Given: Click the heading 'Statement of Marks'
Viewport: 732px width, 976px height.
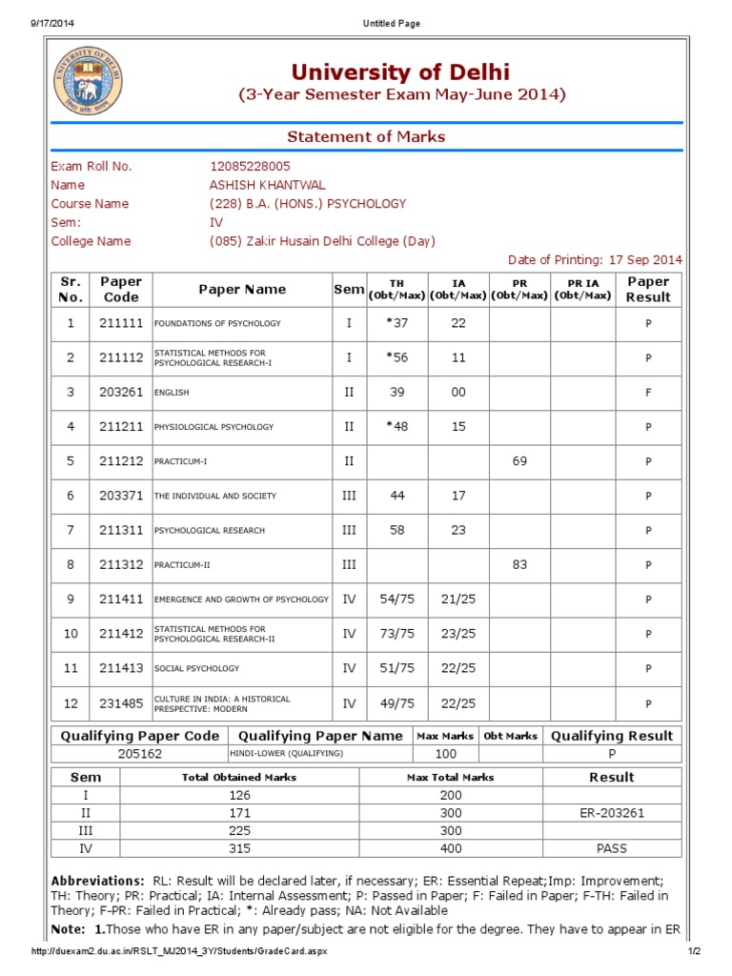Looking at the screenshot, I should pos(367,136).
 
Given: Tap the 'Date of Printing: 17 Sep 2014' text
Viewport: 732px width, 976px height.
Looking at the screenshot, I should pos(595,259).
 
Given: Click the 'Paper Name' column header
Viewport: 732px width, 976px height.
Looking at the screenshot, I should pos(242,289).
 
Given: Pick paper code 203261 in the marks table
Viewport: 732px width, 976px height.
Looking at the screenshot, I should pos(121,392).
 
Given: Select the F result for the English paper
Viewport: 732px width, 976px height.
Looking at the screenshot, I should pos(647,392).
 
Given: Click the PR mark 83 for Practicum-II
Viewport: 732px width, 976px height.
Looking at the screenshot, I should pos(519,564).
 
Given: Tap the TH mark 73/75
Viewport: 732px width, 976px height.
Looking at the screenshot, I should pos(396,633).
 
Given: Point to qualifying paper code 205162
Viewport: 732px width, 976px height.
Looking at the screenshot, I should pos(140,753).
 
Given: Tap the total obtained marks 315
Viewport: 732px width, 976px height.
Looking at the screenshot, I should pos(239,847).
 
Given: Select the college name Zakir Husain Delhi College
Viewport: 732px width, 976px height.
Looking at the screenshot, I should pos(322,241).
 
